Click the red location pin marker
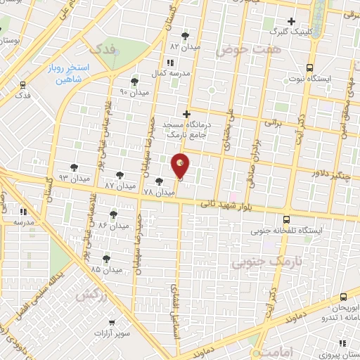tap(180, 166)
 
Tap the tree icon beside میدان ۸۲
tap(186, 35)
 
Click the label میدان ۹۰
tap(132, 92)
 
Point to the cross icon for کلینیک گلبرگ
tap(292, 21)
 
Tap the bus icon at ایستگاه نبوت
tap(309, 67)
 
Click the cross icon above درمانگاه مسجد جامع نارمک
tap(186, 114)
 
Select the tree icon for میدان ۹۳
tap(74, 167)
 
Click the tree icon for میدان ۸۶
tap(113, 214)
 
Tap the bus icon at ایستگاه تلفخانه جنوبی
tap(286, 219)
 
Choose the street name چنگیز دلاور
tap(334, 174)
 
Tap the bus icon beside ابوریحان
tap(343, 297)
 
